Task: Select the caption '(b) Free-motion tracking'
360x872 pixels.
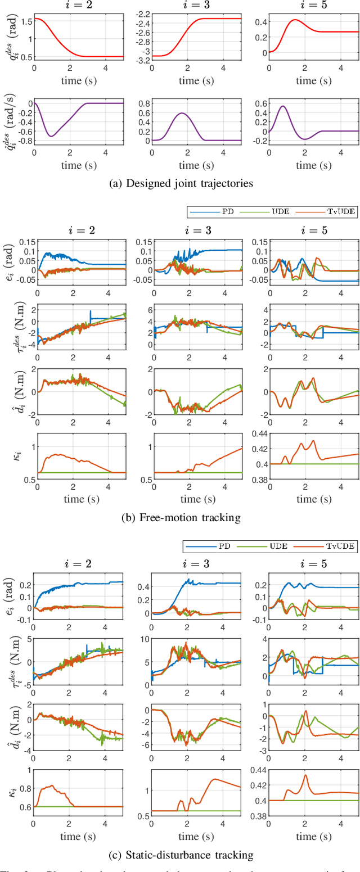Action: [179, 518]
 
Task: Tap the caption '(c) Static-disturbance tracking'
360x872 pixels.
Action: [179, 855]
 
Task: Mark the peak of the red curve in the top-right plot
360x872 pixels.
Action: [294, 20]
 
